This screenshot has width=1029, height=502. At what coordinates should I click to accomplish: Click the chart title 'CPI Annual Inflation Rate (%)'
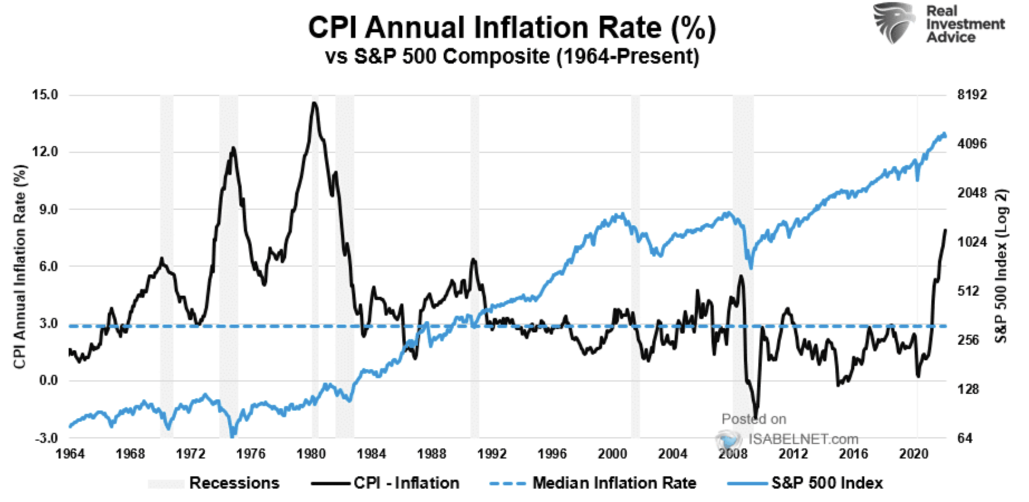coord(511,28)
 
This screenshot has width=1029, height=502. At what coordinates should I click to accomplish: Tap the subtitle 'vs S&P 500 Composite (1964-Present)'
coord(511,57)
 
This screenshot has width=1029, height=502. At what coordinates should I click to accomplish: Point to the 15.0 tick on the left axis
coord(45,95)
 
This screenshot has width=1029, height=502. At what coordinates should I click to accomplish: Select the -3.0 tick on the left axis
coord(46,438)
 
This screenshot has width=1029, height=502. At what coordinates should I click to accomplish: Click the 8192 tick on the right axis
coord(972,95)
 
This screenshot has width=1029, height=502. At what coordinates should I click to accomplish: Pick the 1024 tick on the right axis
coord(972,242)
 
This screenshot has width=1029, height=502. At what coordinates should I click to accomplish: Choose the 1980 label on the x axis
coord(311,454)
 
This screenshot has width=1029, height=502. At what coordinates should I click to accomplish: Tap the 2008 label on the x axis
coord(732,454)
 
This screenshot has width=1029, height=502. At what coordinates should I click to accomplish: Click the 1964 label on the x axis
coord(70,454)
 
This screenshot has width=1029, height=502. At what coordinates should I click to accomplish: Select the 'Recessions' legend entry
coord(234,483)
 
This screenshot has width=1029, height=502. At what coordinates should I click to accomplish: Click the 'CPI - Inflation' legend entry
coord(406,483)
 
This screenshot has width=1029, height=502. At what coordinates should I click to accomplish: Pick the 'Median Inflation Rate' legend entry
coord(614,483)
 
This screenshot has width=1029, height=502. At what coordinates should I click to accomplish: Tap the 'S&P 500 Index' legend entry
coord(827,483)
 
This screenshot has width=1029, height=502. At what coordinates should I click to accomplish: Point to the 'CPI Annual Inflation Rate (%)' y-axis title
coord(20,267)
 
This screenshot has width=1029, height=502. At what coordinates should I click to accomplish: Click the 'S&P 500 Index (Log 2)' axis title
coord(1002,267)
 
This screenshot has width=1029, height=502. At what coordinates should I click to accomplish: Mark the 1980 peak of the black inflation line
coord(315,103)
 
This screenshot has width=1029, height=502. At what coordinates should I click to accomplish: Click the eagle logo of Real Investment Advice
coord(893,22)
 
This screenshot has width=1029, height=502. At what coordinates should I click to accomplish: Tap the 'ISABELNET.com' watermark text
coord(803,439)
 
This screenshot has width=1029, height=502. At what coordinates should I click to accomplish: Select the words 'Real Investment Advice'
coord(965,24)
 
